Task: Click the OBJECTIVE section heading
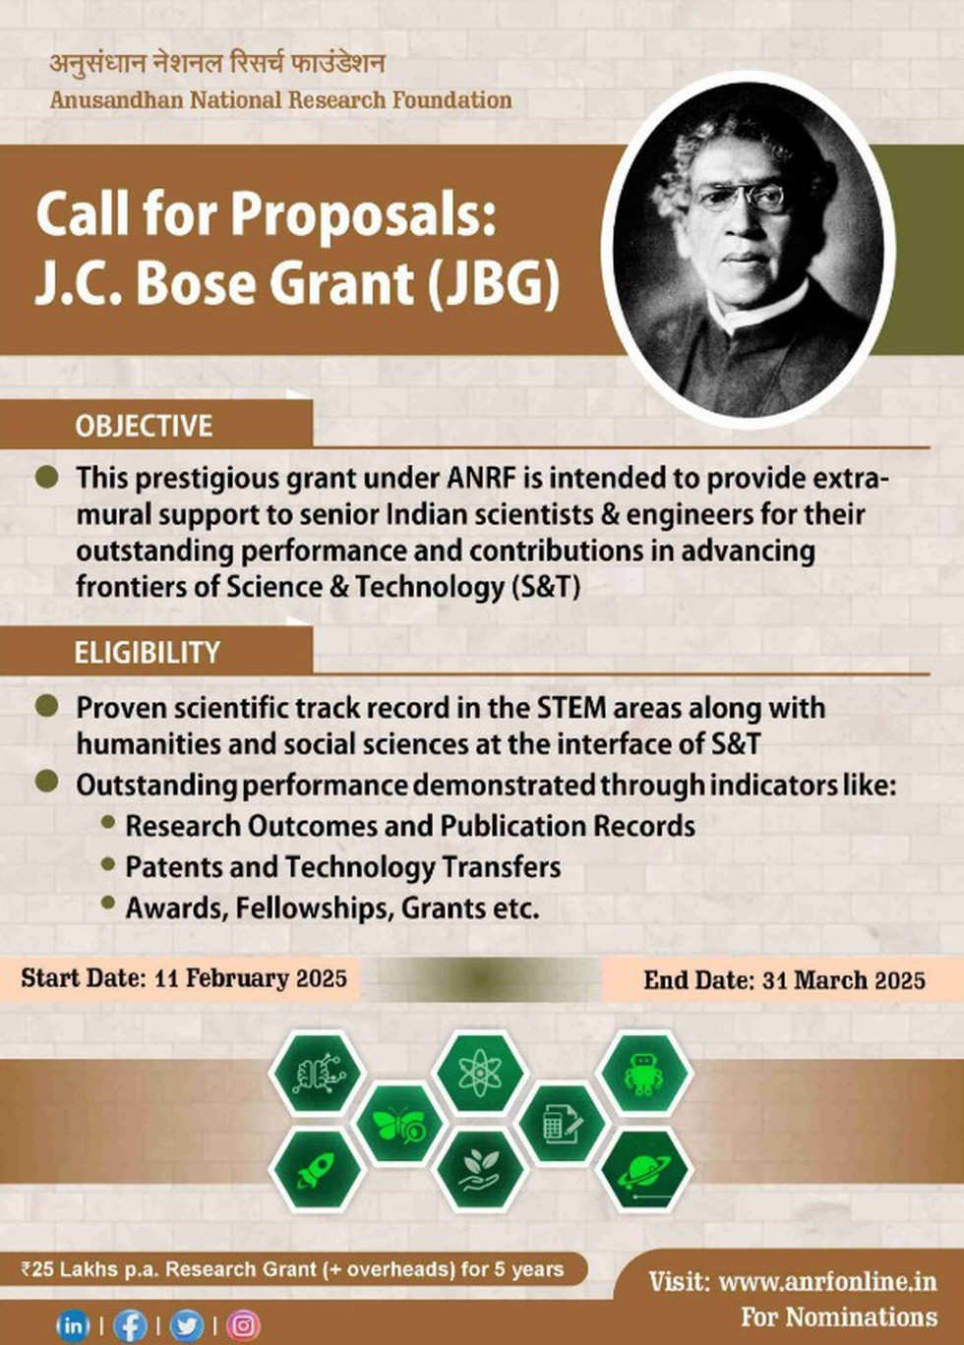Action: pos(144,426)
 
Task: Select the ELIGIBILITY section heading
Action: pos(148,653)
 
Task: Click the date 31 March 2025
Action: pos(844,930)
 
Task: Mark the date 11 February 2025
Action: pos(251,928)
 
